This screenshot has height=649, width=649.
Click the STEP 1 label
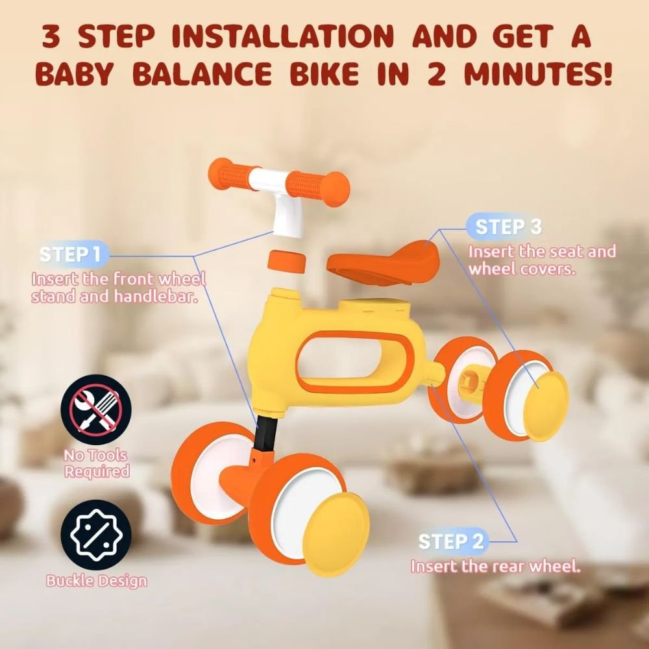(x=70, y=254)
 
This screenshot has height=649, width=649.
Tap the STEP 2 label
(x=451, y=541)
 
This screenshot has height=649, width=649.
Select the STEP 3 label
(x=508, y=227)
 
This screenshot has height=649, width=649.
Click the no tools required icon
(x=96, y=410)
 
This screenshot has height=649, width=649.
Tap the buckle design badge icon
(x=96, y=535)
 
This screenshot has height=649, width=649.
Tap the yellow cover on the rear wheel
(x=546, y=406)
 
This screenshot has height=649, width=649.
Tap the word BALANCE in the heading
(x=202, y=74)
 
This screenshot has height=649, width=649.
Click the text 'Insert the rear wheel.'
(x=495, y=566)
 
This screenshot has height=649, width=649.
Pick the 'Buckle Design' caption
(x=97, y=581)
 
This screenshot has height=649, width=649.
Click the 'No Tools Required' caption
(x=97, y=463)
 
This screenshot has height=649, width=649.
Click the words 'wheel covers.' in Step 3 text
(x=522, y=269)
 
